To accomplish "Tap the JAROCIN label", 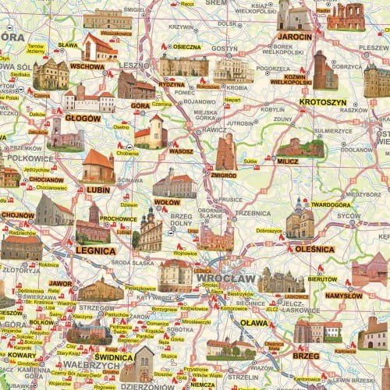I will [295, 37].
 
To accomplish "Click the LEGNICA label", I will [96, 251].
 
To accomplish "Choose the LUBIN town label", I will [97, 190].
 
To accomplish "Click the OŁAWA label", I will [253, 322].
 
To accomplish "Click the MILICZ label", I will [287, 161].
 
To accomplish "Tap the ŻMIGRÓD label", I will [223, 175].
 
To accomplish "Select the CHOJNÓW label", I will [18, 214].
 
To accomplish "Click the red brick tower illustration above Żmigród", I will [225, 151].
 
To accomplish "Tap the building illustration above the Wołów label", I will [174, 183].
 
